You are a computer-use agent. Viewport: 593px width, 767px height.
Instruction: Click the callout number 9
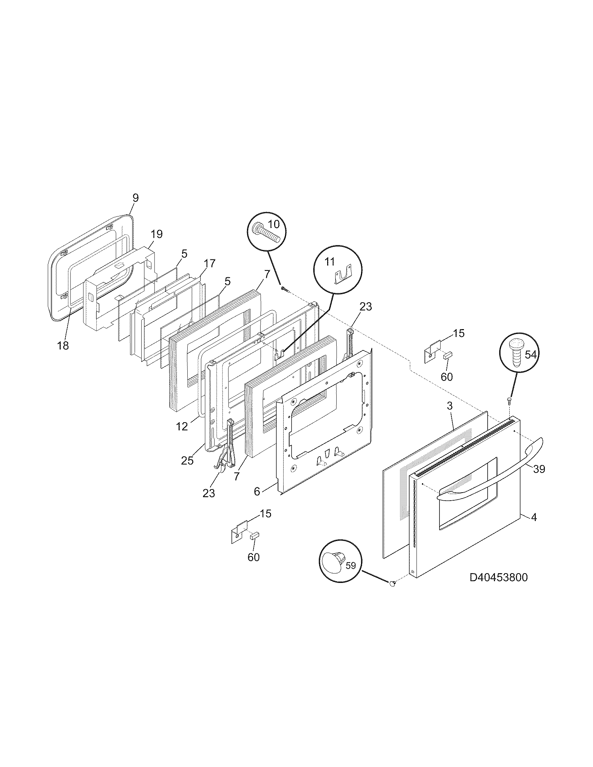click(136, 198)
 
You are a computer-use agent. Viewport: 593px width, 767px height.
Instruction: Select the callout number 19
click(157, 234)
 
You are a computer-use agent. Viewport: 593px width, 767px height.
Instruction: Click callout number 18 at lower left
click(63, 345)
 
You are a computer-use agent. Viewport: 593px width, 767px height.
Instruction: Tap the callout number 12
click(182, 427)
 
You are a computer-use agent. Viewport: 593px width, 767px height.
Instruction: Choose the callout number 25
click(187, 461)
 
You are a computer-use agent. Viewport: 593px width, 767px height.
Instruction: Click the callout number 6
click(257, 492)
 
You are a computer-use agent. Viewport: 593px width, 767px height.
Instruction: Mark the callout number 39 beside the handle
click(539, 469)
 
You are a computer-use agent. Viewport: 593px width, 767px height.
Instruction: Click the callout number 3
click(450, 406)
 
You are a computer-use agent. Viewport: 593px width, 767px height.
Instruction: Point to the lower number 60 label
click(254, 557)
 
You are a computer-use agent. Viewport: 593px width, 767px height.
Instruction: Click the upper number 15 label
click(458, 333)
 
